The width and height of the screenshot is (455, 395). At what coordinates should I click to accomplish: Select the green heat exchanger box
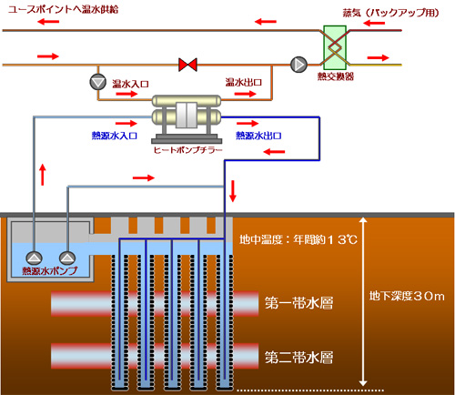[333, 45]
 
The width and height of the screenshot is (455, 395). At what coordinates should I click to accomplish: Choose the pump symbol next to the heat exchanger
[298, 65]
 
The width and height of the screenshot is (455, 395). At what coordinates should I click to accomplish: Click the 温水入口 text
[130, 83]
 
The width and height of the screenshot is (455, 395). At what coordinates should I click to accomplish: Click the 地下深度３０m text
[406, 296]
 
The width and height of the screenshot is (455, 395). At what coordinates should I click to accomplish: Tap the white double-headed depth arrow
[363, 300]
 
